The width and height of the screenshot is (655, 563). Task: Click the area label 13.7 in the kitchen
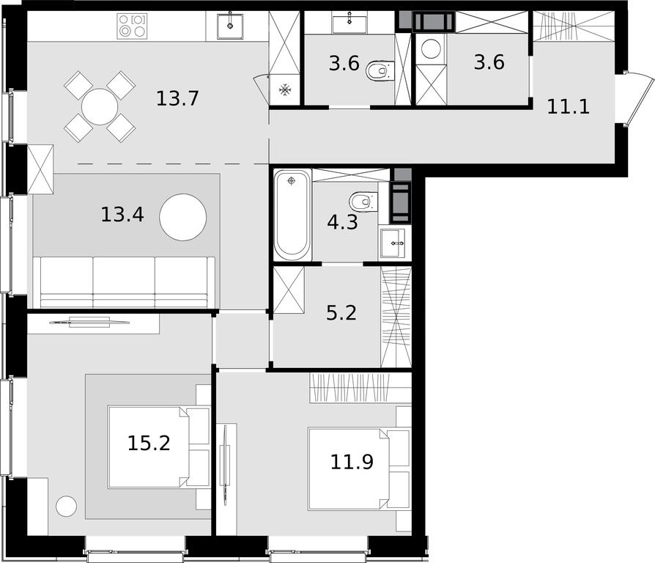pos(177,99)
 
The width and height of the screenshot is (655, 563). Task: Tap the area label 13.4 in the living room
pos(122,214)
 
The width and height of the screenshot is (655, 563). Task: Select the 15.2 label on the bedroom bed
pos(149,443)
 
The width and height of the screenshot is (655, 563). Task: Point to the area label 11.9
pos(352,462)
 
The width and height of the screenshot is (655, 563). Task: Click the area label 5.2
pos(341,312)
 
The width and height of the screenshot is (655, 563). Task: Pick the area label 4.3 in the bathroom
pos(343,222)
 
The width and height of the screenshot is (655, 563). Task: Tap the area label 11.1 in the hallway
pos(568,107)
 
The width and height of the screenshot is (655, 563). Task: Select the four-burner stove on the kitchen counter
pos(132,26)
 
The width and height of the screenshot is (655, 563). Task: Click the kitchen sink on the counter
pos(230,26)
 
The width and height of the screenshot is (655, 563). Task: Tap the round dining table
pos(100,106)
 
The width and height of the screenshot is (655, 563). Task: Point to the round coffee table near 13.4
pos(183,217)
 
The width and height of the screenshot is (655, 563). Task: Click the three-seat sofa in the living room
pos(124,282)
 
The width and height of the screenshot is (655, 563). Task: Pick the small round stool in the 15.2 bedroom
pos(67,506)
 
